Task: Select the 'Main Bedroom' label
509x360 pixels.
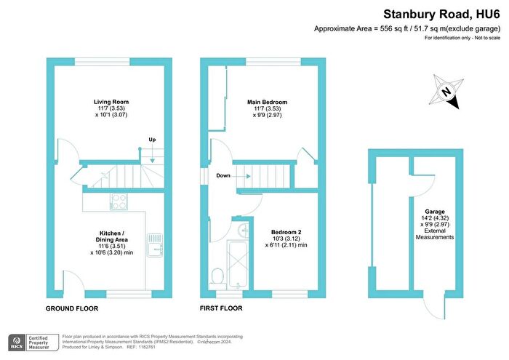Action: [x=266, y=102]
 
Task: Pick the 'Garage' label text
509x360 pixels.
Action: [x=435, y=210]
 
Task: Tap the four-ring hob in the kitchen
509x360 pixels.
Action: [x=117, y=200]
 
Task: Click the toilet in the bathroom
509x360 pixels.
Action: [x=217, y=275]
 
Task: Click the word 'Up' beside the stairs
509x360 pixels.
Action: [x=151, y=140]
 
